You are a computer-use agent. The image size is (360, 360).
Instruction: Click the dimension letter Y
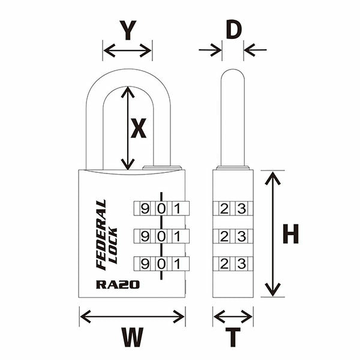(127, 30)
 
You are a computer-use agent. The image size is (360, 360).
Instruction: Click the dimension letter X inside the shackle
(139, 128)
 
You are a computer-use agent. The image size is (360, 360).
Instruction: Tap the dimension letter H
(290, 235)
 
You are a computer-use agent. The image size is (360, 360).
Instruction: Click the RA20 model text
(118, 284)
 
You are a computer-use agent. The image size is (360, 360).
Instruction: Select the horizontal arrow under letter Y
(127, 50)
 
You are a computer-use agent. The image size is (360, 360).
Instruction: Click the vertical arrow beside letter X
(127, 128)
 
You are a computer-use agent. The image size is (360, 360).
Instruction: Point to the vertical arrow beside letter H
(273, 234)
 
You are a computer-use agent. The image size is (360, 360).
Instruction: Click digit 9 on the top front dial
(144, 209)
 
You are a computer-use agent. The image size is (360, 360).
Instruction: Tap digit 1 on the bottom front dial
(176, 263)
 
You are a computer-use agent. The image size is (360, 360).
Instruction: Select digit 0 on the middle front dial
(160, 236)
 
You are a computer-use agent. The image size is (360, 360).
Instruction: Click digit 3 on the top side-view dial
(241, 209)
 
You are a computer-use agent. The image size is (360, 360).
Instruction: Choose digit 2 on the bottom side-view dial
(224, 263)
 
